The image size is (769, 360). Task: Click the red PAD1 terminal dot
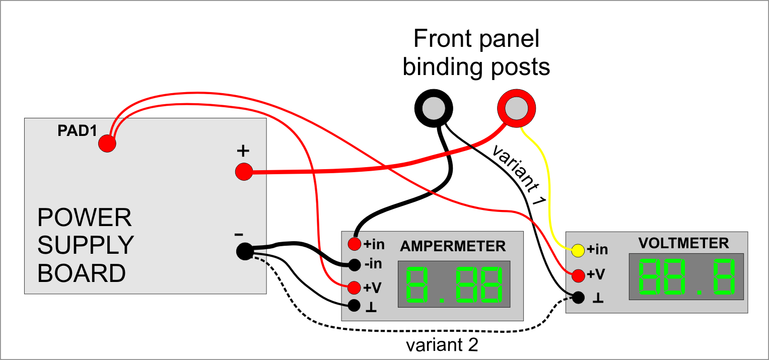click(x=107, y=144)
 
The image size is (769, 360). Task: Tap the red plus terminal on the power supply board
click(x=244, y=172)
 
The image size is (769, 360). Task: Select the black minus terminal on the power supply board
click(x=244, y=251)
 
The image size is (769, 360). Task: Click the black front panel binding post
click(x=433, y=107)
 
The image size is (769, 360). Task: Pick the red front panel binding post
click(x=516, y=107)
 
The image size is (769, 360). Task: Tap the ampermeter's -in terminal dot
click(x=354, y=264)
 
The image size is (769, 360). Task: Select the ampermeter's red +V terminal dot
click(x=354, y=287)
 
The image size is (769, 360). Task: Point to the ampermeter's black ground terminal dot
click(x=354, y=305)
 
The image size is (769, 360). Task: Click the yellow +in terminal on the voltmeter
click(x=578, y=249)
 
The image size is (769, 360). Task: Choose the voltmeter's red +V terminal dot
click(x=578, y=275)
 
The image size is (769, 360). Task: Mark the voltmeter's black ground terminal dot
click(x=578, y=297)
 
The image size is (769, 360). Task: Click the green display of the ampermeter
click(x=454, y=284)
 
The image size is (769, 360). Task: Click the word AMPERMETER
click(x=453, y=246)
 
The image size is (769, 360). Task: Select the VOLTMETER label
click(x=683, y=243)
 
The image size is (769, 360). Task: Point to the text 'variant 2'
click(x=442, y=346)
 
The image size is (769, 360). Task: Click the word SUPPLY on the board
click(x=86, y=246)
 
